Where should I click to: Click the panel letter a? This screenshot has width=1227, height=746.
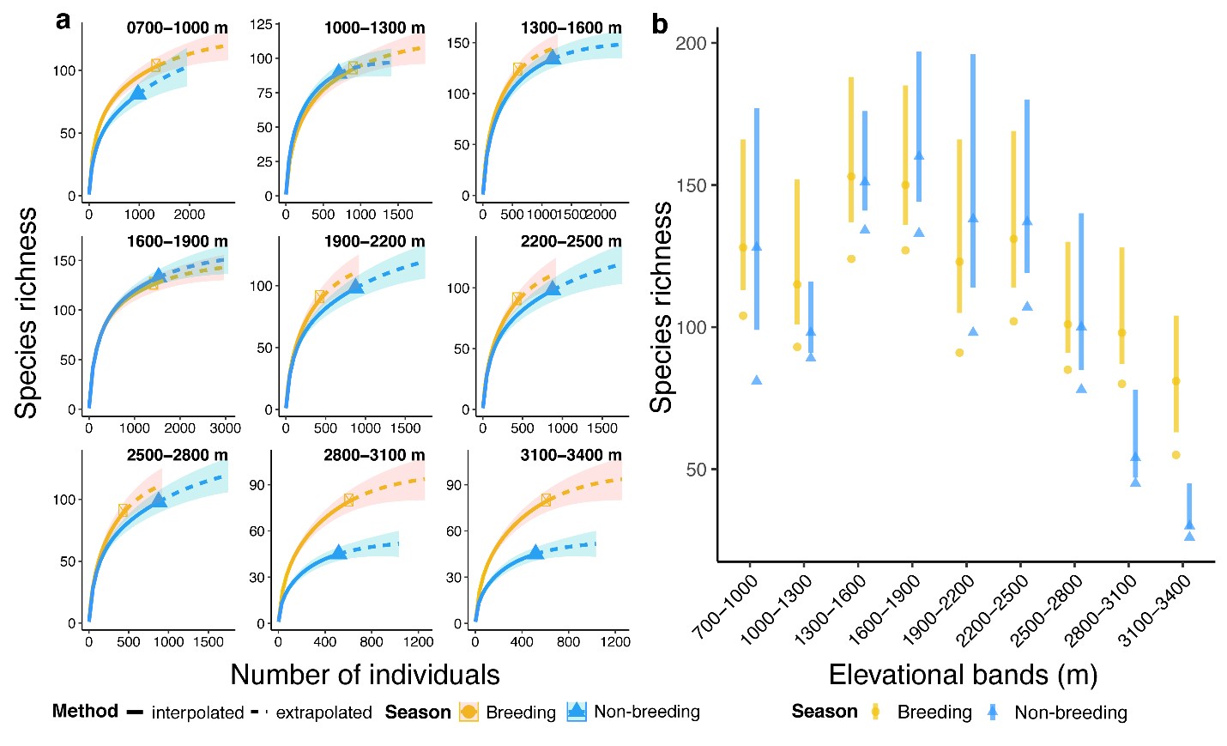(63, 21)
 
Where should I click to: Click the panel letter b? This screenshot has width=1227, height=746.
(659, 24)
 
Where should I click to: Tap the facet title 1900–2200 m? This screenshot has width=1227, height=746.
(374, 241)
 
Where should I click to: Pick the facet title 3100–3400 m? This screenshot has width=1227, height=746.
(571, 455)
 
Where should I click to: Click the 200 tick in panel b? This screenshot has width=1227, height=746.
(691, 44)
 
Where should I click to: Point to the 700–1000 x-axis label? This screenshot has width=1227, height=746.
(726, 607)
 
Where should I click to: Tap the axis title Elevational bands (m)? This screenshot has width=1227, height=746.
(963, 675)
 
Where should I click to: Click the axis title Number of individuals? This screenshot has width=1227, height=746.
(365, 675)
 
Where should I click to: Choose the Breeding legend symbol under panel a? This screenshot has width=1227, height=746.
(468, 712)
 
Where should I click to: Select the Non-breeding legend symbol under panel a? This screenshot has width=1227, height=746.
(577, 712)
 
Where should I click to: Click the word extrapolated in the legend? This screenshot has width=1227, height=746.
(323, 713)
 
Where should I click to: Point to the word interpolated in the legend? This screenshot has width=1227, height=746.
(197, 713)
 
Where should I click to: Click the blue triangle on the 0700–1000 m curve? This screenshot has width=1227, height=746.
(137, 93)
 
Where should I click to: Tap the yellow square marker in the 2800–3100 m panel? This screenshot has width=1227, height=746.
(349, 500)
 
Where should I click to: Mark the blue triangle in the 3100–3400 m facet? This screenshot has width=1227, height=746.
(535, 552)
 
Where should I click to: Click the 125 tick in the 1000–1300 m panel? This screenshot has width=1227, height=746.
(261, 25)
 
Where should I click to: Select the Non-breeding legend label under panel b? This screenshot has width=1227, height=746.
(1070, 713)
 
